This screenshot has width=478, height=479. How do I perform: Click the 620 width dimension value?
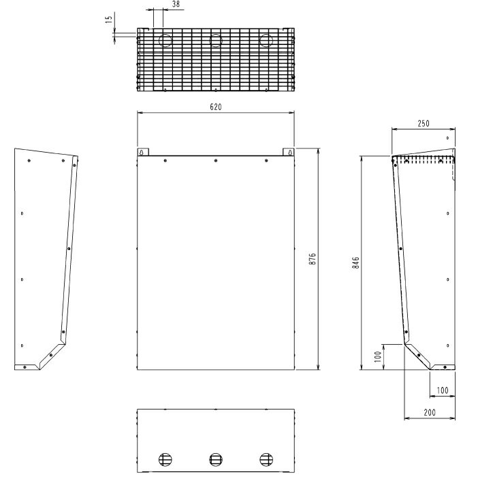point(216,107)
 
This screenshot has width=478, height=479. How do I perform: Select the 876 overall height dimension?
point(313,259)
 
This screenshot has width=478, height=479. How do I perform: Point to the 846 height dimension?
point(355,262)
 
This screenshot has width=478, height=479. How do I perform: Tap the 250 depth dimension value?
point(423,123)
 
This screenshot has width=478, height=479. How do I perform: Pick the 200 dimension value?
point(429,412)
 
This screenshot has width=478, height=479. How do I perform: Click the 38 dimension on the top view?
point(157,4)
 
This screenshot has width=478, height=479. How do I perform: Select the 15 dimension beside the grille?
point(108,20)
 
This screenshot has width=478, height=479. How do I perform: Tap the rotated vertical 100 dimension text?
point(378,356)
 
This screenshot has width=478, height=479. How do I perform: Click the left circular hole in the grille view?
point(165,40)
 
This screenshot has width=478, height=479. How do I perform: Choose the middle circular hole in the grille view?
point(216,40)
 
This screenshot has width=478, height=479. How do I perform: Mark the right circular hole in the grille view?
point(266,40)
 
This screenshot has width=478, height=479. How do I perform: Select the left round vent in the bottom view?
point(165,459)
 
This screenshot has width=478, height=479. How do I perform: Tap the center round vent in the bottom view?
point(216,459)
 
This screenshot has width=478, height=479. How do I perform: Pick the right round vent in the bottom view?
point(266,459)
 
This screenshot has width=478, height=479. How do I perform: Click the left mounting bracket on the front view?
point(142,152)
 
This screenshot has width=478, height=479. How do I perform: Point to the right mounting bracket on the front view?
point(289,152)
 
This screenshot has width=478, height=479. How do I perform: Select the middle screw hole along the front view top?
point(216,161)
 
